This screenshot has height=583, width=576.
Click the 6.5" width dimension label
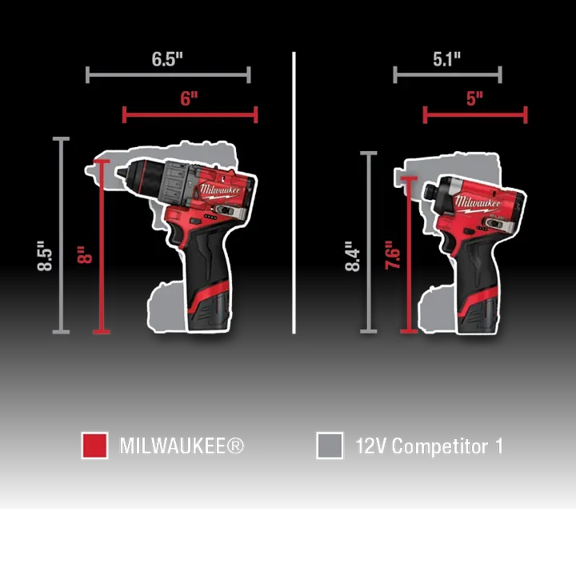167,59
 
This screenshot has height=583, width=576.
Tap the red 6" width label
189,98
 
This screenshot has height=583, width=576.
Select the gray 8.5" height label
45,256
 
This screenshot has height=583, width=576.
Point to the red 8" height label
85,254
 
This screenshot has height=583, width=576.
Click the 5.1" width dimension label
446,59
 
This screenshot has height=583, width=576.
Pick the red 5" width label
474,98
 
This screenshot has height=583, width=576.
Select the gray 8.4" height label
353,257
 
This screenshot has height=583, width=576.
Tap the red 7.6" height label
393,255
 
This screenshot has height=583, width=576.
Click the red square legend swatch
95,445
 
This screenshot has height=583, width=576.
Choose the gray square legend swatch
330,445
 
